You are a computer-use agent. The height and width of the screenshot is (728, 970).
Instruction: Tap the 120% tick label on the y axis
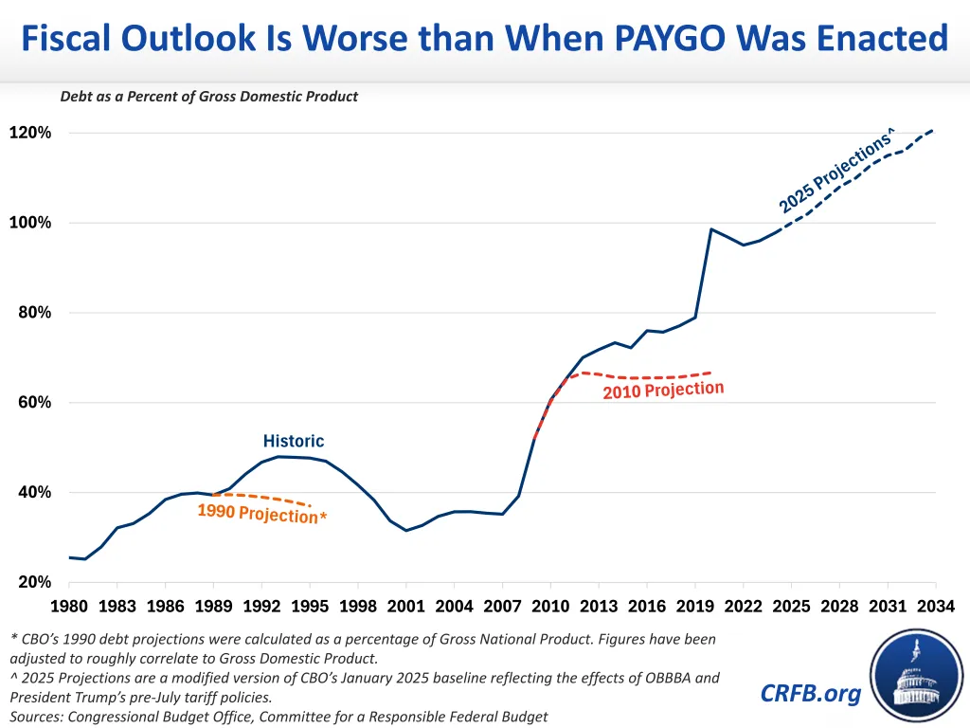coord(30,133)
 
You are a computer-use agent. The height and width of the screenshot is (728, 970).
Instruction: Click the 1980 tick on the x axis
coord(68,606)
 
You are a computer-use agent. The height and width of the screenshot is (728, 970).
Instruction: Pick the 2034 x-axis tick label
coord(936,606)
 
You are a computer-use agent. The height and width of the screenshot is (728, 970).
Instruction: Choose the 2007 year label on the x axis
coord(502,606)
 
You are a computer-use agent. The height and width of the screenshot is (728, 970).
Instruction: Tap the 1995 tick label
coord(310,606)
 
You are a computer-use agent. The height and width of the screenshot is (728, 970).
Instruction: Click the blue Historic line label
coord(293,441)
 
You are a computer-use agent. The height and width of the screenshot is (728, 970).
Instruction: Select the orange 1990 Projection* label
coord(261,514)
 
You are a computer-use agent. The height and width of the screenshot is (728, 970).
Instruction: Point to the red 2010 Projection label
coord(663,390)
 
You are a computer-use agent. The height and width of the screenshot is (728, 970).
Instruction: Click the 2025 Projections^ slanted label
coord(836,172)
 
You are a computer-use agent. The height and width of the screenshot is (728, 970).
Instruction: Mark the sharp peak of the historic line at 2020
coord(711,228)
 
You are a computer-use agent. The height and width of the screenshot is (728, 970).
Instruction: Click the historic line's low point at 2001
coord(406,530)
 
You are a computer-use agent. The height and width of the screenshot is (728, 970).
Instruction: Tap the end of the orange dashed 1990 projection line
coord(311,505)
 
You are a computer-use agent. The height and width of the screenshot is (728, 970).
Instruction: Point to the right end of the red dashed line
coord(711,373)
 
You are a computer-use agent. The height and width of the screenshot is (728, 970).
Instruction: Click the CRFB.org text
coord(810,693)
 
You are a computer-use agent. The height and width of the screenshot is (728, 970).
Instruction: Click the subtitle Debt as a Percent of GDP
coord(208,96)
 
